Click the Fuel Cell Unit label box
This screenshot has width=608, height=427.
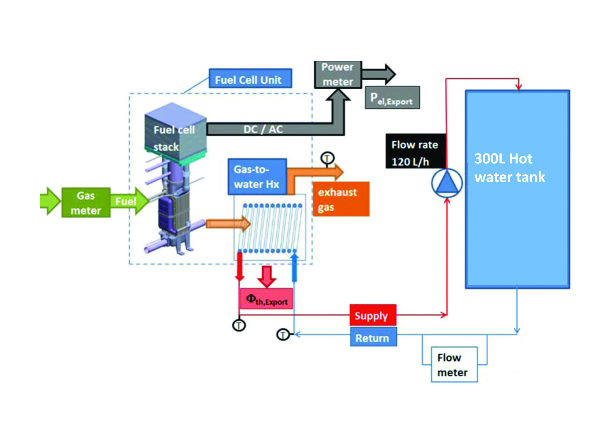tap(250, 79)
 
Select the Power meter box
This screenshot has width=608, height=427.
tap(338, 75)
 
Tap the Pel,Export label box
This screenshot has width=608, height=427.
tap(392, 98)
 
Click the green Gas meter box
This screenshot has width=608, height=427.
tap(86, 203)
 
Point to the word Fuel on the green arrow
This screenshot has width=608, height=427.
tap(126, 202)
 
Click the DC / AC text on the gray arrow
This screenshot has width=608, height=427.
tap(263, 130)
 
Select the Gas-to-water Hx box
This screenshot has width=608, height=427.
tap(257, 177)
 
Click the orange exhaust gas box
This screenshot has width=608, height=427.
tap(341, 199)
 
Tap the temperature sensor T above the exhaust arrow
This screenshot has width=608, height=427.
tap(327, 158)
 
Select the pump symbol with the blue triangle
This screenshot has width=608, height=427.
tap(447, 183)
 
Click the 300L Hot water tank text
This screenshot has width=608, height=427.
tap(509, 168)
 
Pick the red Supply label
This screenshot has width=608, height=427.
tap(373, 315)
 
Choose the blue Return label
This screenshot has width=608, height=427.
tap(373, 337)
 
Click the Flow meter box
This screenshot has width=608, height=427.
tap(454, 365)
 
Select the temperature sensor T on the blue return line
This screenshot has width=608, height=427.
tap(283, 335)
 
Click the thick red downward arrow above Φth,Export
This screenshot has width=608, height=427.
tap(267, 277)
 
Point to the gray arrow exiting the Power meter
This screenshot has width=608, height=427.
tap(379, 74)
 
